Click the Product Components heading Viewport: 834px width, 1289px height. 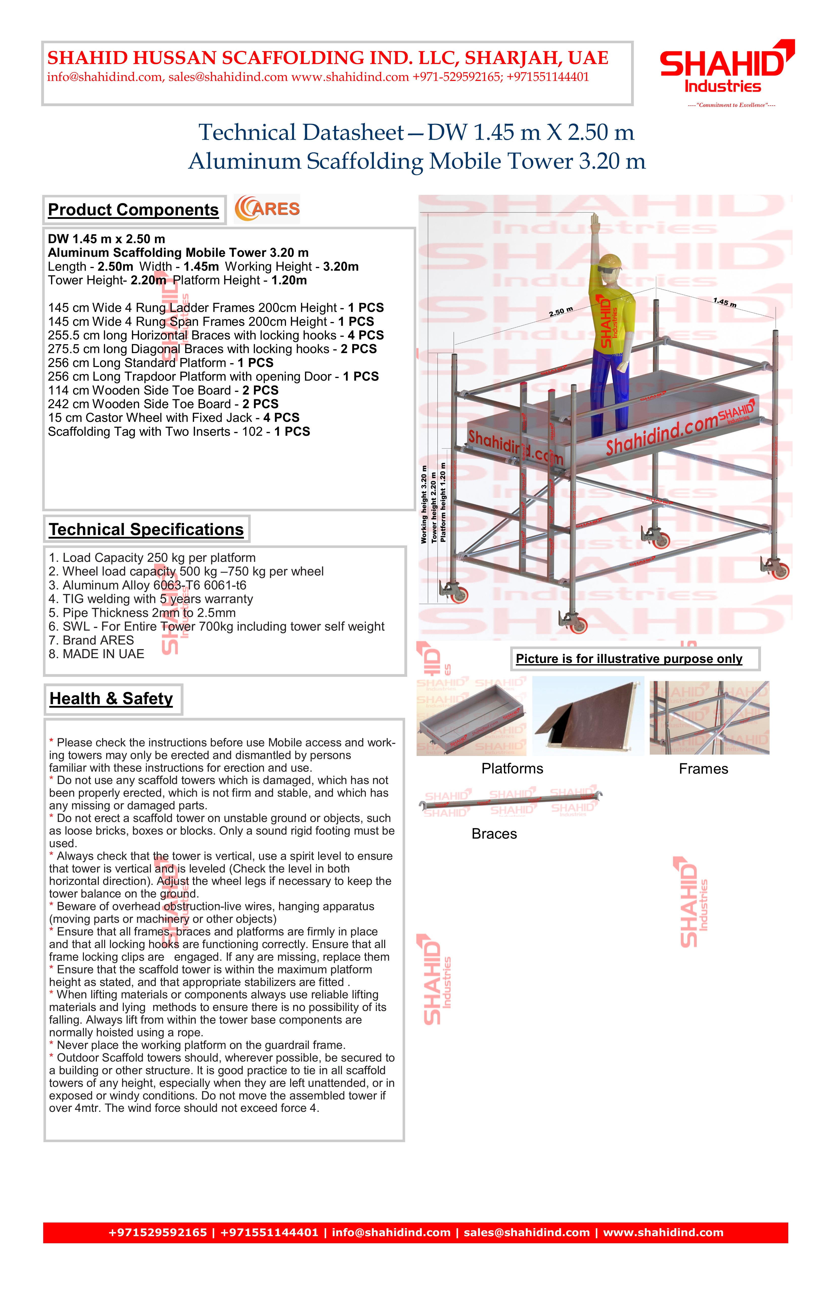click(x=133, y=210)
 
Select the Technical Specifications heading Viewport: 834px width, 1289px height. click(x=146, y=529)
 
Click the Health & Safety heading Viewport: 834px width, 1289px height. click(x=111, y=699)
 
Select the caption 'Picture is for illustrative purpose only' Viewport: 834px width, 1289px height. click(x=629, y=659)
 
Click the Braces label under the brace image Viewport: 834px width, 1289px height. click(x=494, y=834)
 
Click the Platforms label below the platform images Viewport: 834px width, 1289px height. click(x=512, y=769)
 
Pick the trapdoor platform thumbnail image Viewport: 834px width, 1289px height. click(x=588, y=716)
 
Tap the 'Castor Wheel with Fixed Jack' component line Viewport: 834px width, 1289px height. click(x=173, y=418)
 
